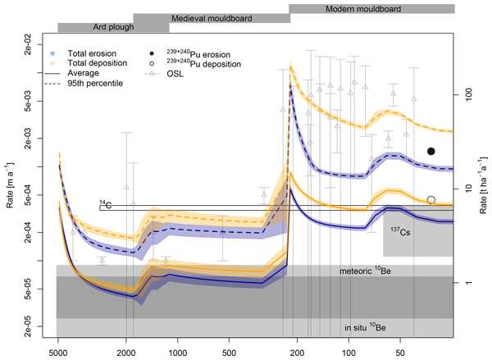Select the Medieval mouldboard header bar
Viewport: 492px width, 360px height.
tap(211, 17)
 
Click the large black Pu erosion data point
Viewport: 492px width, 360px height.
tap(431, 152)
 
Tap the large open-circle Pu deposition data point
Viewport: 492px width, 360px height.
tap(431, 199)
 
